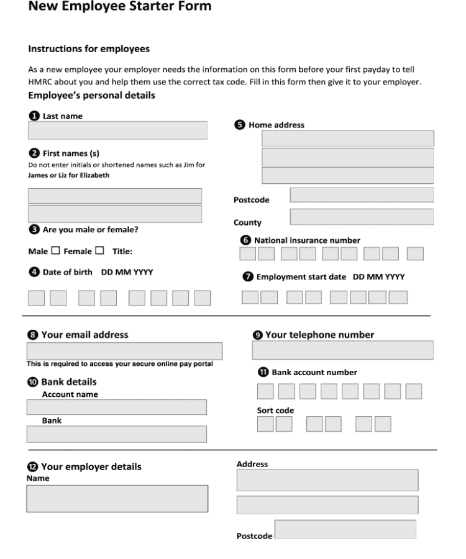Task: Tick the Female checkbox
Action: pos(99,251)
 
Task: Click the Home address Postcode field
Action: pos(362,195)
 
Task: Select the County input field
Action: pos(362,217)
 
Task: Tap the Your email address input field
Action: pos(124,351)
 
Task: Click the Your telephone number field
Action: pos(342,351)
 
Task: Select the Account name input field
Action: pos(117,407)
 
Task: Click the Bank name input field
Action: pos(117,434)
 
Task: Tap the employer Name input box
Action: pos(117,499)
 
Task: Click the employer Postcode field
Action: pos(345,530)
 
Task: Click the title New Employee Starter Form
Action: pos(120,8)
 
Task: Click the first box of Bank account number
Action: pos(265,391)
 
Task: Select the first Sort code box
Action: pos(265,424)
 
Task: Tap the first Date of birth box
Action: pos(37,298)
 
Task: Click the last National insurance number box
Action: pos(415,253)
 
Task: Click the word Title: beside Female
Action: pos(123,251)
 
